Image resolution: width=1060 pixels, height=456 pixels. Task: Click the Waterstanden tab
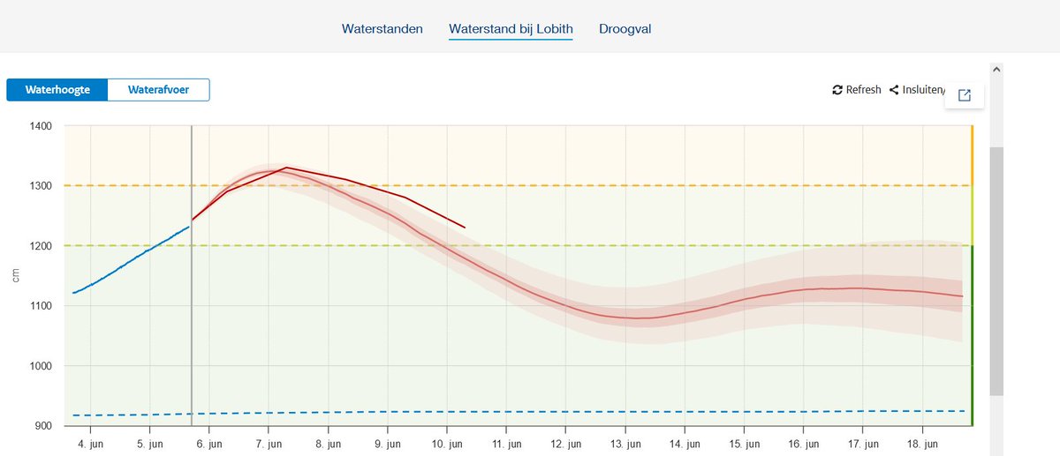[x=382, y=29]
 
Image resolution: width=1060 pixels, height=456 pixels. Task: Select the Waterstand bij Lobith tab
[x=511, y=29]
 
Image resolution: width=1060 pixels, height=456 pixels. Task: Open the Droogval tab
[x=625, y=29]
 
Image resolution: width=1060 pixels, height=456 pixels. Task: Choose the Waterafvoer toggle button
[x=158, y=90]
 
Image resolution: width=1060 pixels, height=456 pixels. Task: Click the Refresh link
[x=857, y=90]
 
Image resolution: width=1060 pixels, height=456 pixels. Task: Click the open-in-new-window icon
[x=965, y=95]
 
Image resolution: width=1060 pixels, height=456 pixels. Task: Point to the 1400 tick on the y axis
[x=41, y=126]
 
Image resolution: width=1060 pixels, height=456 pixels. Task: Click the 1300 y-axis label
[x=41, y=186]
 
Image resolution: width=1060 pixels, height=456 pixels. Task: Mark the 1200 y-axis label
[x=41, y=246]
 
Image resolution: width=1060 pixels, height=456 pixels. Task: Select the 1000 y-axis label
[x=41, y=366]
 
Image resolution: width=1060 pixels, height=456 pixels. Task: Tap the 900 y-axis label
[x=43, y=426]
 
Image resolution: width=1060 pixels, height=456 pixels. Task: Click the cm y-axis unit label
[x=16, y=275]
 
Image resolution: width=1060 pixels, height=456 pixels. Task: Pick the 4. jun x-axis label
[x=90, y=443]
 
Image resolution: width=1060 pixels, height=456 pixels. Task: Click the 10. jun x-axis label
[x=448, y=443]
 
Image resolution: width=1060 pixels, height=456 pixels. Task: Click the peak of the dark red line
[x=286, y=168]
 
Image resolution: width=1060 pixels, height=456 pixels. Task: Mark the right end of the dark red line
[x=465, y=228]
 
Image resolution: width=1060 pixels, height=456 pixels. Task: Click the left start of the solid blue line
[x=74, y=293]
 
